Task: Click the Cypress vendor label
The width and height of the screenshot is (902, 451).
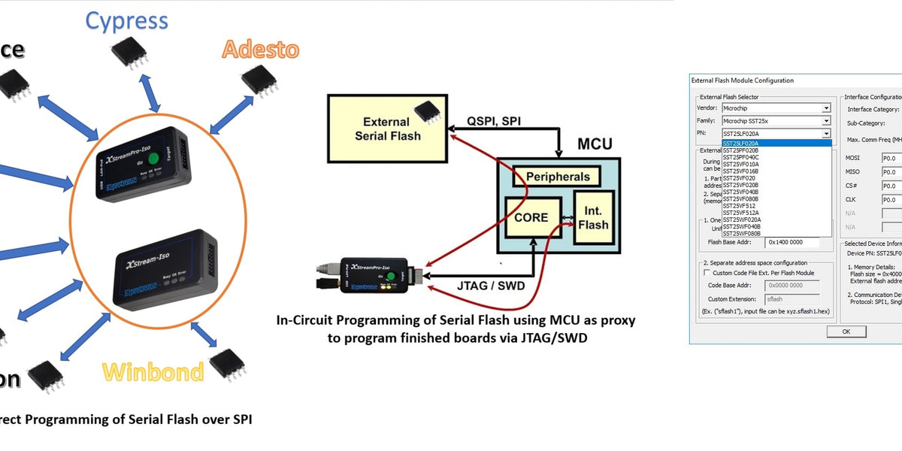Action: point(126,20)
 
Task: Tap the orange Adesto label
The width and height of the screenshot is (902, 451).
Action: point(260,50)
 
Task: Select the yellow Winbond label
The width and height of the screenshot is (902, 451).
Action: point(153,371)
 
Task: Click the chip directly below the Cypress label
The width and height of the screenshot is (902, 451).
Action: point(129,50)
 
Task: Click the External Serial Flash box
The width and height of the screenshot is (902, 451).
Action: point(387,129)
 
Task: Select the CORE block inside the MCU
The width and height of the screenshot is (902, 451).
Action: point(532,218)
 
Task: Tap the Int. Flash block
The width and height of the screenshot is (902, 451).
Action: point(594,216)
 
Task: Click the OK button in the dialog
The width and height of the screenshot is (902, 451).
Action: point(846,331)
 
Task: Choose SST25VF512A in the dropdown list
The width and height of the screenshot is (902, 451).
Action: point(740,213)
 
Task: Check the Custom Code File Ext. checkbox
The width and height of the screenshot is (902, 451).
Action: point(707,273)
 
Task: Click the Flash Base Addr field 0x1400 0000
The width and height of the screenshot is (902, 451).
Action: point(797,242)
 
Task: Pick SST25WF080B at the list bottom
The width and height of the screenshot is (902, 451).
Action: point(741,234)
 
